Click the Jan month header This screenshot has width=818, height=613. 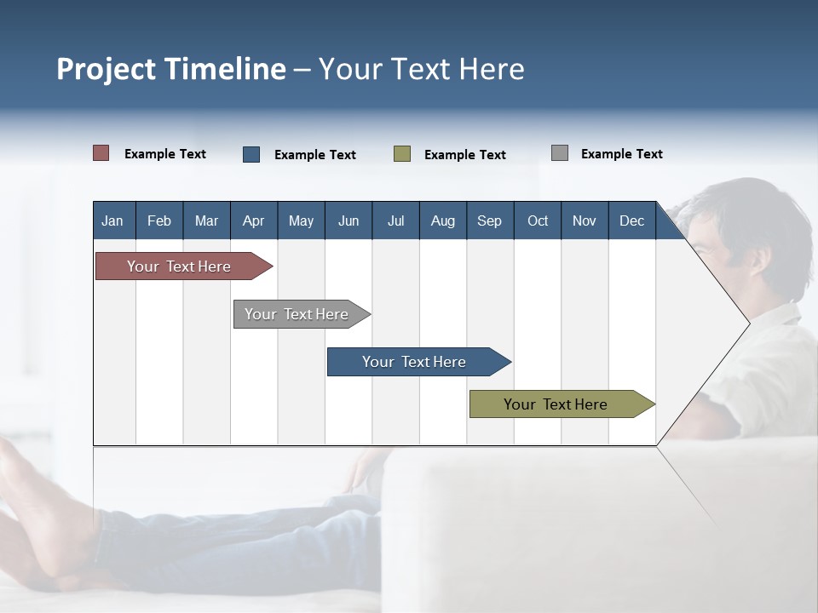click(112, 221)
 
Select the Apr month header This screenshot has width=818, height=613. click(253, 221)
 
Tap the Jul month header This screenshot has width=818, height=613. click(395, 221)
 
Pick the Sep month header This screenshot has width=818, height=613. click(489, 221)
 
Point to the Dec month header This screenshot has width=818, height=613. click(631, 221)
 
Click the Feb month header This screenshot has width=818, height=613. click(159, 221)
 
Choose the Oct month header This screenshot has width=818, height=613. click(538, 221)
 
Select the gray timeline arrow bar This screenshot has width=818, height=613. click(298, 314)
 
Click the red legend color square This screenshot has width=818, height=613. click(101, 153)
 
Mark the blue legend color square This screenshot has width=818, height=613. click(251, 154)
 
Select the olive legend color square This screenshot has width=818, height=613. click(402, 154)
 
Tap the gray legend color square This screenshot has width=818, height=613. click(560, 153)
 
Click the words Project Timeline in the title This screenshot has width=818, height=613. click(171, 69)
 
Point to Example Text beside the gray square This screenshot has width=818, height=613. click(621, 154)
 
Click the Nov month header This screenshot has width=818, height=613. click(585, 221)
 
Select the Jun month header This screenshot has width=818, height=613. click(349, 221)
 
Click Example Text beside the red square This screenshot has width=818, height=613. click(164, 154)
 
